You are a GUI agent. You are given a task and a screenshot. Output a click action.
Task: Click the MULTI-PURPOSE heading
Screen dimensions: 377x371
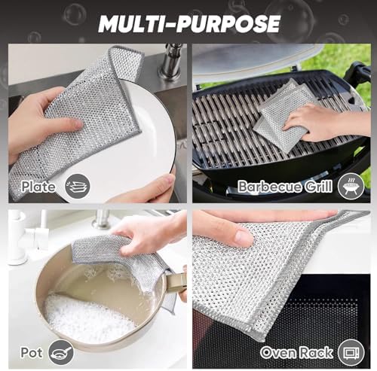point(189,23)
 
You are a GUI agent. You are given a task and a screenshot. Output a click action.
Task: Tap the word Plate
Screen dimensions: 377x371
point(38,187)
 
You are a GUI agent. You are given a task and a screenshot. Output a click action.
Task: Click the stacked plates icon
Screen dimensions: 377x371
point(78,187)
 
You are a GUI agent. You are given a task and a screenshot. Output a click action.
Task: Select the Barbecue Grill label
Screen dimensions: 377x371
point(285,187)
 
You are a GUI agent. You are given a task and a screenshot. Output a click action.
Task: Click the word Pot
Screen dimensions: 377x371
point(32,352)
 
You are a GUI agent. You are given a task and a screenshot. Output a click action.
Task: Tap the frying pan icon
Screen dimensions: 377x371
point(61,352)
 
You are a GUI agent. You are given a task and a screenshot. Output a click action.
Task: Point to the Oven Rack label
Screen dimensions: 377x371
point(296,353)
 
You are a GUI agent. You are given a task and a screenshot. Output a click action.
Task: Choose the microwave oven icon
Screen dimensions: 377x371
point(351,352)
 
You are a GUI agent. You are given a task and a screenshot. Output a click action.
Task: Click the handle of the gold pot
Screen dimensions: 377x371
point(175,283)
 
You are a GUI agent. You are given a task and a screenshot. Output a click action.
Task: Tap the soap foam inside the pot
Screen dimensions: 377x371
point(88,317)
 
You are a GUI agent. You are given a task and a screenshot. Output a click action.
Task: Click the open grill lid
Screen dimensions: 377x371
point(254,59)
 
